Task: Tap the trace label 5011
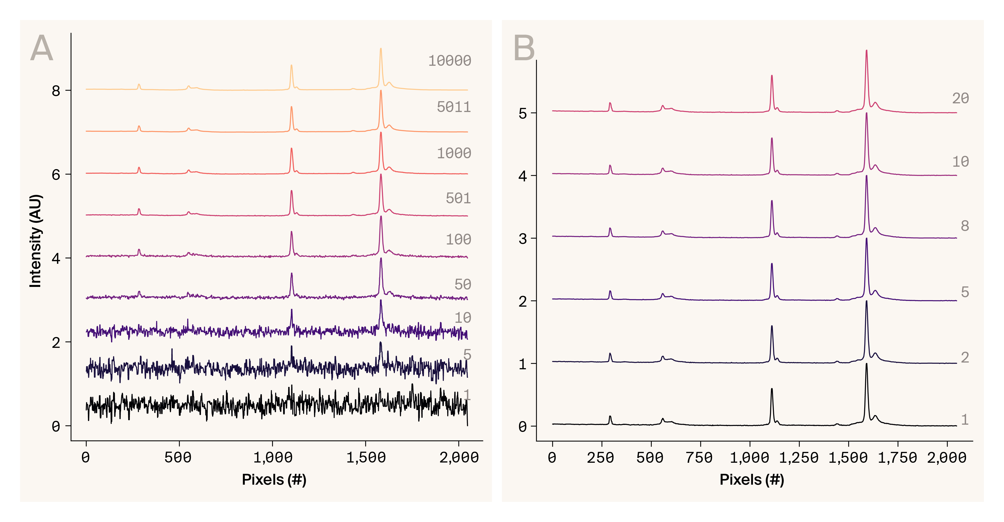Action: click(454, 107)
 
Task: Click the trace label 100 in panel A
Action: click(458, 239)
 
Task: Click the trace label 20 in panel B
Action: click(960, 98)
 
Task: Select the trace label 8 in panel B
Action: click(965, 226)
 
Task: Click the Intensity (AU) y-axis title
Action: click(35, 241)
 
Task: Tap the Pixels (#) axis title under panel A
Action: click(274, 480)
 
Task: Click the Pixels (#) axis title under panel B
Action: click(752, 480)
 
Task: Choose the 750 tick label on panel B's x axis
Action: click(700, 457)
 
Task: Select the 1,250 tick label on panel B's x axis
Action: click(799, 457)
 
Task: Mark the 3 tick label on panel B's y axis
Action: click(523, 238)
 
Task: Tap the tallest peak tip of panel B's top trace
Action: click(866, 51)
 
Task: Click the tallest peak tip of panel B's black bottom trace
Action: click(866, 364)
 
